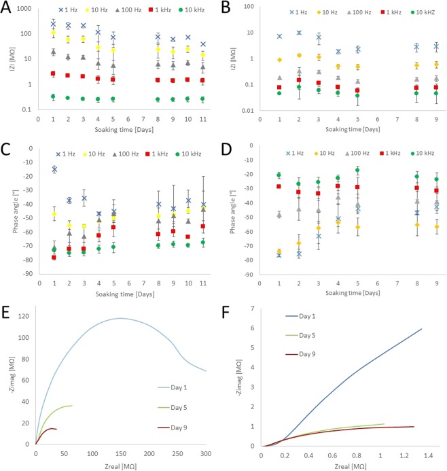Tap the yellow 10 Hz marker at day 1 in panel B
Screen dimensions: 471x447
click(x=279, y=60)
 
